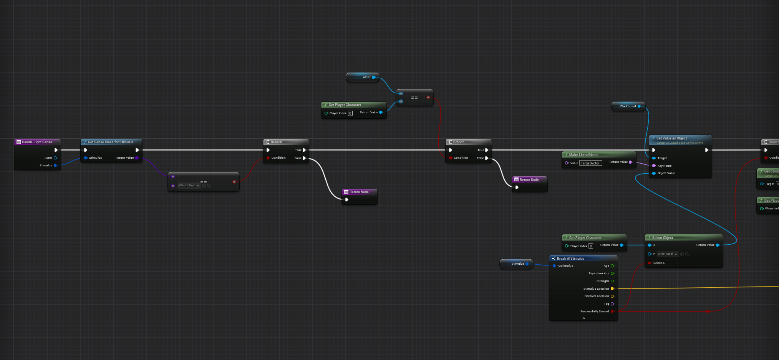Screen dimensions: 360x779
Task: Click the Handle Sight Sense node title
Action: point(37,142)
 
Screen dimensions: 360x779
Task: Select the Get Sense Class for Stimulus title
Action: point(110,142)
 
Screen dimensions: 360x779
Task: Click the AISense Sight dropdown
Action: point(188,186)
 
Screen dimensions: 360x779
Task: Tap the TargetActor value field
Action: point(590,163)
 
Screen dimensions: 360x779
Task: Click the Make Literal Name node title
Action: point(583,155)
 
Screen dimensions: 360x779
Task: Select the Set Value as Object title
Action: point(671,138)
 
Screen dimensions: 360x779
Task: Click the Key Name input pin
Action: point(654,166)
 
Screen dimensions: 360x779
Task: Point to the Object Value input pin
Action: point(654,173)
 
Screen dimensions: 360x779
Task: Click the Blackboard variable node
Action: point(628,106)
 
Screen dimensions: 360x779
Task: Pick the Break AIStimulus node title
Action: point(570,259)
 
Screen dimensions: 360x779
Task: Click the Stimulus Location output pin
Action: point(612,289)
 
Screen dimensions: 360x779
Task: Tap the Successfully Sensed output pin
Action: point(612,312)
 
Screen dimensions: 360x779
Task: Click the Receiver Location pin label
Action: point(597,296)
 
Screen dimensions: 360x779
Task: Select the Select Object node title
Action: point(662,238)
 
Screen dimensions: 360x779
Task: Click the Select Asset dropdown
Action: point(667,254)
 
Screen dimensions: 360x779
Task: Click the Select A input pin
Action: point(650,263)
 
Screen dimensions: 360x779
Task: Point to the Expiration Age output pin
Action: point(612,274)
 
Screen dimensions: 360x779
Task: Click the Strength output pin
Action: point(612,281)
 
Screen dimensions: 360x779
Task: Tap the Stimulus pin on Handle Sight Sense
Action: point(55,166)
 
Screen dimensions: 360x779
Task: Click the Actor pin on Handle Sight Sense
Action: point(55,158)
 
